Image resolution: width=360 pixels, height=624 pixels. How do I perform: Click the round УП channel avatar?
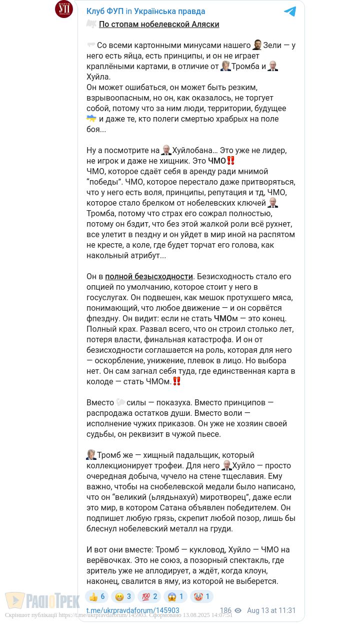click(64, 10)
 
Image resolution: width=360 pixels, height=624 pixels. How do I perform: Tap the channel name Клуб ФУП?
click(105, 12)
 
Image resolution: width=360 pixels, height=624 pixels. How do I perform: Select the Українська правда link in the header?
click(169, 12)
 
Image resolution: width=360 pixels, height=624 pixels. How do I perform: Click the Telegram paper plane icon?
click(289, 12)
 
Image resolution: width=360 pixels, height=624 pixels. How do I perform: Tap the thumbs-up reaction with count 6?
click(97, 596)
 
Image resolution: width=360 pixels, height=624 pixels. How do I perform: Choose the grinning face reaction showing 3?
click(123, 596)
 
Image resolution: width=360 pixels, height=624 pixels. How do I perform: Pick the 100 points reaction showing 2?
click(149, 596)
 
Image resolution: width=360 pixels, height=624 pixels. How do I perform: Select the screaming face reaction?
click(175, 596)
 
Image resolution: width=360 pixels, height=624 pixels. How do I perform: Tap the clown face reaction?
click(201, 596)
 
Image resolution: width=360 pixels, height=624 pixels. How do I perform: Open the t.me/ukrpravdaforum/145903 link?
click(132, 610)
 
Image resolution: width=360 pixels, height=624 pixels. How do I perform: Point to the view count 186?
click(225, 610)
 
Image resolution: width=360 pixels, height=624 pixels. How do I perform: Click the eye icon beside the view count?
click(238, 610)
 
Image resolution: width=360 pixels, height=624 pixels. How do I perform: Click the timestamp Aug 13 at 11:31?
click(271, 610)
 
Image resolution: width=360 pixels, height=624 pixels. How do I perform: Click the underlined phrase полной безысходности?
click(149, 277)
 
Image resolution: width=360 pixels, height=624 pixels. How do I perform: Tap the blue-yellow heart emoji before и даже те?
click(91, 119)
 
